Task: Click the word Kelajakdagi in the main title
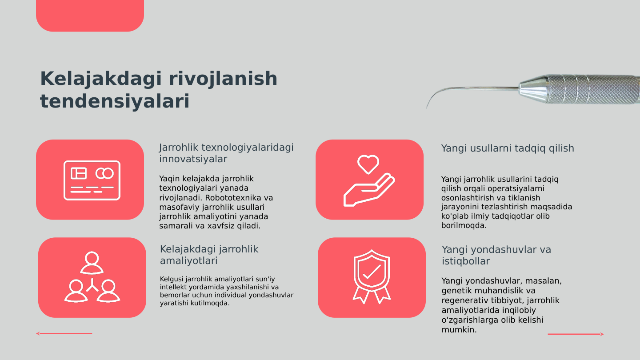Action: (102, 79)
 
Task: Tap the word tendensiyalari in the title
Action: (115, 101)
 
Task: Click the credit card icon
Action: (92, 180)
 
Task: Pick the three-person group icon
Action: (92, 277)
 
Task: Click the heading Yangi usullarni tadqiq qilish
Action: (508, 148)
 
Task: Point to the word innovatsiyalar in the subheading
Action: (193, 159)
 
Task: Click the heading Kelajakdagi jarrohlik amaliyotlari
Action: (209, 255)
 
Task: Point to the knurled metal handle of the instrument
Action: (591, 89)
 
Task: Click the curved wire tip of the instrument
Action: (433, 96)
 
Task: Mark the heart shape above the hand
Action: (368, 164)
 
